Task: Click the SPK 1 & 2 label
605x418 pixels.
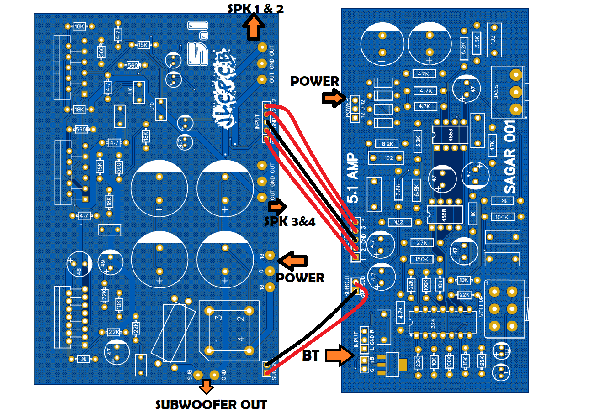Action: tap(255, 8)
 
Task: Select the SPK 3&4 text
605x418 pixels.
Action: tap(290, 222)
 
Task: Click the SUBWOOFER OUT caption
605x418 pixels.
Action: tap(211, 405)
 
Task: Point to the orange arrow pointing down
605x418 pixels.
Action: tap(207, 387)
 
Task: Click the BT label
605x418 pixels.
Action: tap(311, 355)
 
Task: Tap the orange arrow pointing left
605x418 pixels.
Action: tap(292, 261)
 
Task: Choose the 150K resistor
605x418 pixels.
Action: tap(422, 259)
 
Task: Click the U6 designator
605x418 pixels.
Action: tap(131, 90)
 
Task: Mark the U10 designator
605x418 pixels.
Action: tap(152, 106)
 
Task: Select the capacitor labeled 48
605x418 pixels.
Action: tap(79, 270)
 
